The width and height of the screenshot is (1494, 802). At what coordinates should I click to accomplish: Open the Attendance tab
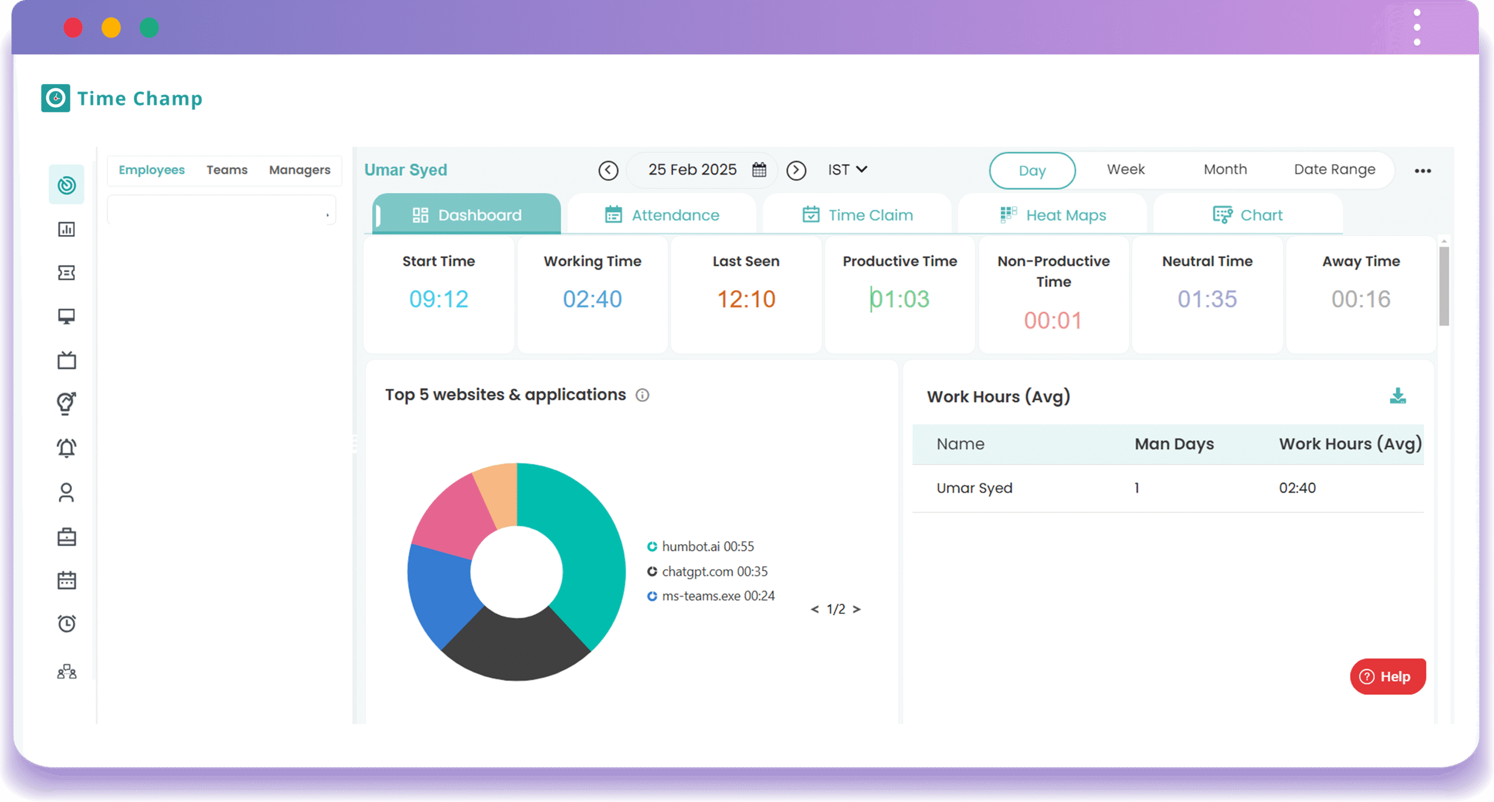(662, 215)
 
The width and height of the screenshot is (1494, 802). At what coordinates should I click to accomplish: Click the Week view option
(1126, 170)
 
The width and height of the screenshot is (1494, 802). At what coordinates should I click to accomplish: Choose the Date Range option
(1334, 170)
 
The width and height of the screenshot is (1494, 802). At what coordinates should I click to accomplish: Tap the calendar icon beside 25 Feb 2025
(759, 170)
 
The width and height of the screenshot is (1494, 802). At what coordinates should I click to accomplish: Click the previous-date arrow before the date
(608, 170)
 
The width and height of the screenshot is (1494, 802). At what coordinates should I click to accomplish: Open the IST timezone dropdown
(847, 170)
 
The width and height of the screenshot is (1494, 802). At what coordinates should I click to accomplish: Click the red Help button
(1387, 677)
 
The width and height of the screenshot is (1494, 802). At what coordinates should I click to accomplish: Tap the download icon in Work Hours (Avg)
(1398, 396)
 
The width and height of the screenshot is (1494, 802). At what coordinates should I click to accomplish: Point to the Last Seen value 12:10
(746, 299)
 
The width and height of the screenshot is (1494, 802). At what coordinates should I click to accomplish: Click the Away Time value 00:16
(1361, 299)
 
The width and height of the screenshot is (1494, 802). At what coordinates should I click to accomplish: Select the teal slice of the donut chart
(584, 542)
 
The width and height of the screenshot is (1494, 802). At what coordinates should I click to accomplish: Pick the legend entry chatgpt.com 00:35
(714, 572)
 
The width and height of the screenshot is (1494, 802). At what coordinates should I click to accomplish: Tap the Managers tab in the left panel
(299, 170)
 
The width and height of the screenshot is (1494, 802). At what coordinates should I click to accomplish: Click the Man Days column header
(1174, 444)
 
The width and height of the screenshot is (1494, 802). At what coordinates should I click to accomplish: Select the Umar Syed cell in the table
(974, 488)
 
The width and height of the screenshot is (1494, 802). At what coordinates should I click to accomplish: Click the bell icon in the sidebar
(67, 448)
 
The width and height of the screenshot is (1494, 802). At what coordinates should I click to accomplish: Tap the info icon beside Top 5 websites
(643, 395)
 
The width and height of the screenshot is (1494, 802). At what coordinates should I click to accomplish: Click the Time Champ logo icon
(55, 98)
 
